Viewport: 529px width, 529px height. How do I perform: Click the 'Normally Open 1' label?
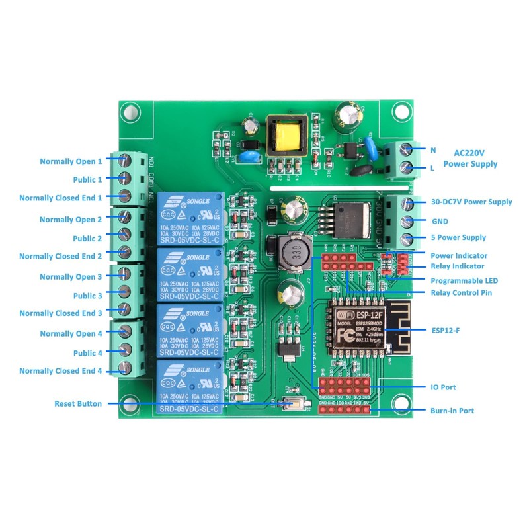click(x=71, y=161)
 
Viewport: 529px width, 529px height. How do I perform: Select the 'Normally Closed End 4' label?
click(x=61, y=371)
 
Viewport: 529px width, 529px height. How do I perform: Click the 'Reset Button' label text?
click(x=78, y=403)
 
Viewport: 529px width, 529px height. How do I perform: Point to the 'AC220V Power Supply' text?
click(x=469, y=157)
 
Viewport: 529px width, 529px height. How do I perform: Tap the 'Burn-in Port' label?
click(x=452, y=411)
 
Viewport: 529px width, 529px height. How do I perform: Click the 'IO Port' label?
click(x=442, y=387)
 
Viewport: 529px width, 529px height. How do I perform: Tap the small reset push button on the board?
click(x=290, y=404)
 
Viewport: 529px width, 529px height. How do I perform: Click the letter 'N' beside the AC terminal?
click(x=433, y=150)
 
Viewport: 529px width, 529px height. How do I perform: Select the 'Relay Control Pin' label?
click(x=461, y=292)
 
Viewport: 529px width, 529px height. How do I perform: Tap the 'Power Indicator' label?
click(x=459, y=255)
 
